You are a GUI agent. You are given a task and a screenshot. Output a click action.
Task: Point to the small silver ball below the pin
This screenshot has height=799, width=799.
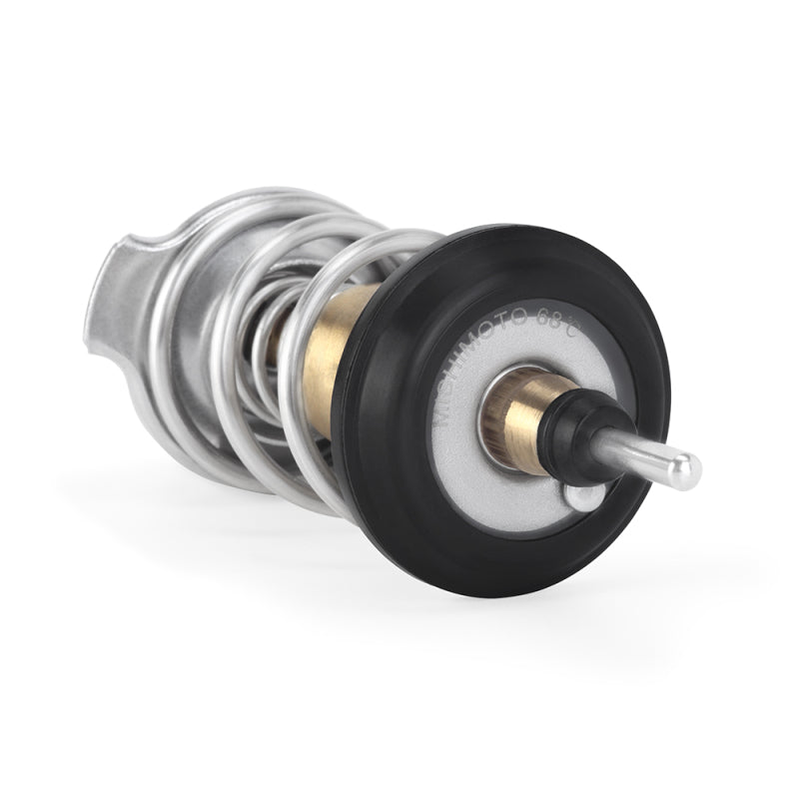click(582, 496)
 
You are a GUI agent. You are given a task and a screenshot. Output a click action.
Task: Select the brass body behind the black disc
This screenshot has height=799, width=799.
click(335, 350)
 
